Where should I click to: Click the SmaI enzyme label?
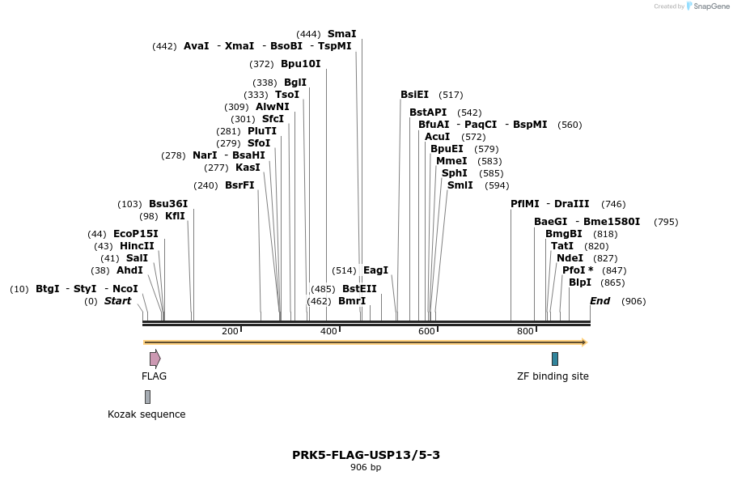tap(341, 34)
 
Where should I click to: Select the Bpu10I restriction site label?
tap(301, 64)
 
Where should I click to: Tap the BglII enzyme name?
tap(295, 83)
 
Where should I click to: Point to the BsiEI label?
tap(414, 95)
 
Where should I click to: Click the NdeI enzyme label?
tap(570, 258)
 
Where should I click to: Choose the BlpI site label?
tap(580, 282)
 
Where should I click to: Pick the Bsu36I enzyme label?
tap(168, 204)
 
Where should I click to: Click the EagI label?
tap(375, 270)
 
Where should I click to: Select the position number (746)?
tap(613, 204)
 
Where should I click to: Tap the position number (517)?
tap(451, 95)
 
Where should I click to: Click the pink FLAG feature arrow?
tap(155, 359)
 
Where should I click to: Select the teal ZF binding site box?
tap(555, 359)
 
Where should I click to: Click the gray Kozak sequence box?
tap(147, 397)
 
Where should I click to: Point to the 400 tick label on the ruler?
tap(328, 332)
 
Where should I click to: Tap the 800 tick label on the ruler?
tap(525, 332)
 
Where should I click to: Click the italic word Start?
tap(117, 301)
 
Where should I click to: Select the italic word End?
tap(600, 301)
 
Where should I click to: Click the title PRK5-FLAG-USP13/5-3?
tap(366, 455)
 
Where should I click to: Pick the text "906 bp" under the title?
tap(366, 468)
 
